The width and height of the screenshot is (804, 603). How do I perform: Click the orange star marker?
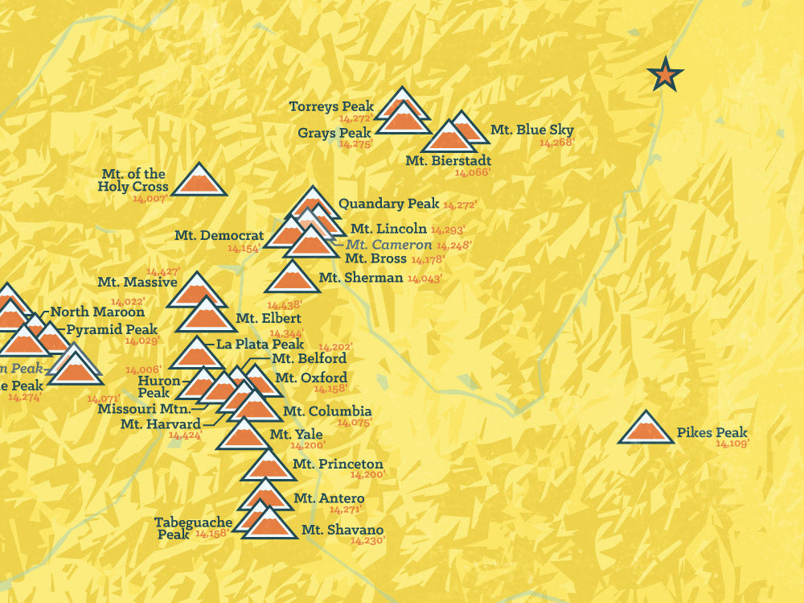pos(665,75)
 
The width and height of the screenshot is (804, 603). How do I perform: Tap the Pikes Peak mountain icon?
pos(646,429)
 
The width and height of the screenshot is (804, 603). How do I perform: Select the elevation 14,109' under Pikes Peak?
pos(732,444)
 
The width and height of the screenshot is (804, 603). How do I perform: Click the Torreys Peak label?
pos(331,106)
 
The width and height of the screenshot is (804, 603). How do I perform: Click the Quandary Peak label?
pos(388,204)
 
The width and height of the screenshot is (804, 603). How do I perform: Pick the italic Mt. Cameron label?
pos(389,244)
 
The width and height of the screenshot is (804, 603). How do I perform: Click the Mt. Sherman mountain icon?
pos(292,279)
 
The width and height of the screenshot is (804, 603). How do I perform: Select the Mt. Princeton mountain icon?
pos(268,467)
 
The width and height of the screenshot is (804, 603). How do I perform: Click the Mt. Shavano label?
pos(342,530)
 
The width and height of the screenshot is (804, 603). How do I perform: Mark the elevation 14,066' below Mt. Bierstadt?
pos(472,172)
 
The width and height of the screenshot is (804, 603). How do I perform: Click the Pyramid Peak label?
pos(112,329)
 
